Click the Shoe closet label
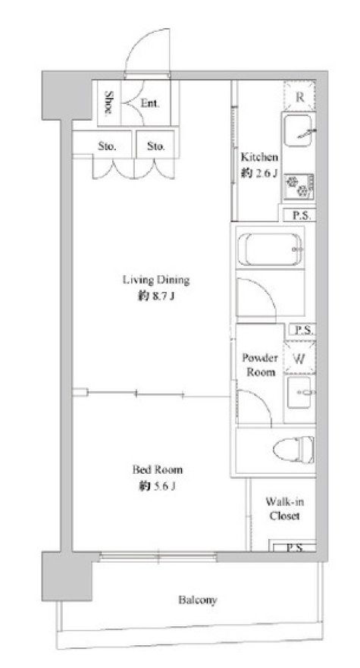tap(109, 102)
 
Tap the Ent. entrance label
tap(150, 103)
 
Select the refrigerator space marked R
tap(300, 97)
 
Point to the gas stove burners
tap(299, 187)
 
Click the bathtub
tap(270, 249)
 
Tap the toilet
tap(294, 450)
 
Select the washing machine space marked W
tap(300, 359)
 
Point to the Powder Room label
tap(260, 365)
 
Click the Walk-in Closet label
tap(285, 509)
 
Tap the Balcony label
tap(197, 601)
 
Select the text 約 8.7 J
tap(155, 296)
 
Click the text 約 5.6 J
tap(157, 486)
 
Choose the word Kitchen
tap(259, 157)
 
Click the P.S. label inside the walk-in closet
tap(294, 548)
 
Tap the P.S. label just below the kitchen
tap(303, 216)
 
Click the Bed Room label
tap(157, 470)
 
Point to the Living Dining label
tap(156, 281)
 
